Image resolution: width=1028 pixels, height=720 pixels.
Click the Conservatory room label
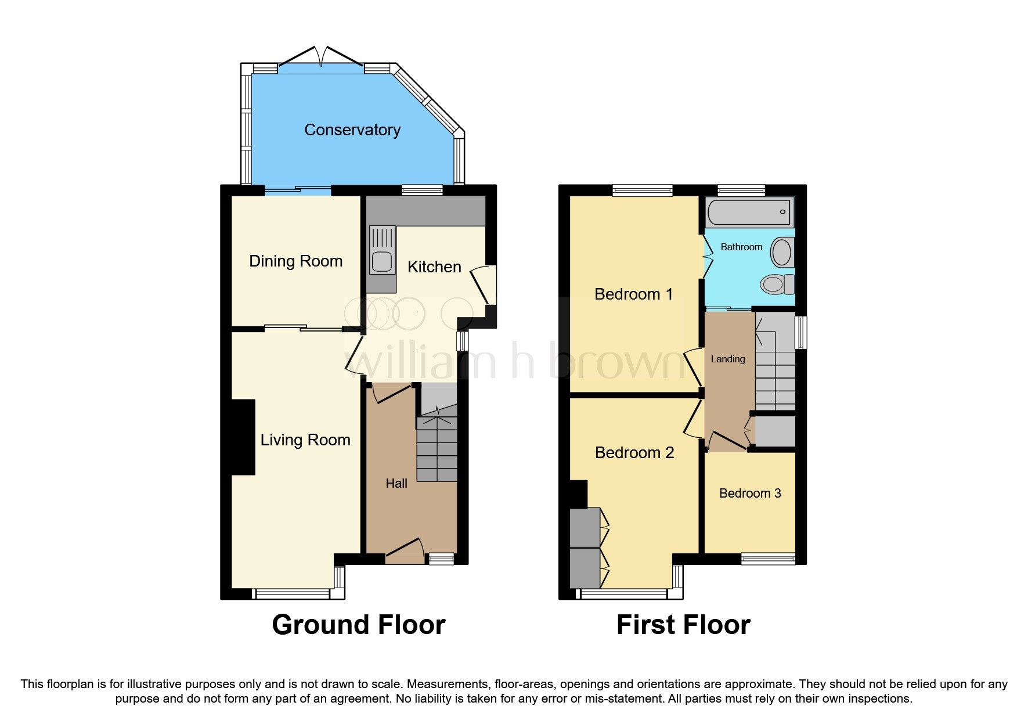pos(352,129)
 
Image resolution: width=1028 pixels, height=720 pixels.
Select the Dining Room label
pos(295,261)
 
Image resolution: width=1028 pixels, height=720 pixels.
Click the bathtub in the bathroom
pos(749,212)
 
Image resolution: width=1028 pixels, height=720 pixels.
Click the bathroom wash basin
pos(781,253)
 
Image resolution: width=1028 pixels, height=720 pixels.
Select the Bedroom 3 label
pos(749,493)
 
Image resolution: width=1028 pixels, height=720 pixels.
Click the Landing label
pos(727,359)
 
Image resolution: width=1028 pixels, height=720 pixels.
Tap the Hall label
pos(396,483)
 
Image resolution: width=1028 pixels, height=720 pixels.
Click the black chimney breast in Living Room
pos(243,437)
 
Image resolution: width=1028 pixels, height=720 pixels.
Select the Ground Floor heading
pos(358,625)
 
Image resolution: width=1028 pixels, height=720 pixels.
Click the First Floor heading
pos(683,625)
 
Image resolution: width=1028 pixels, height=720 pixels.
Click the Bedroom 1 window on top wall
pos(642,189)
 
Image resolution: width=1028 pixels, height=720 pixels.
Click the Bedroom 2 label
pos(634,452)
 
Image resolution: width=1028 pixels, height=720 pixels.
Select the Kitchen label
pos(434,267)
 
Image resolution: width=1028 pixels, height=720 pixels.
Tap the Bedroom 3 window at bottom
pos(767,559)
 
